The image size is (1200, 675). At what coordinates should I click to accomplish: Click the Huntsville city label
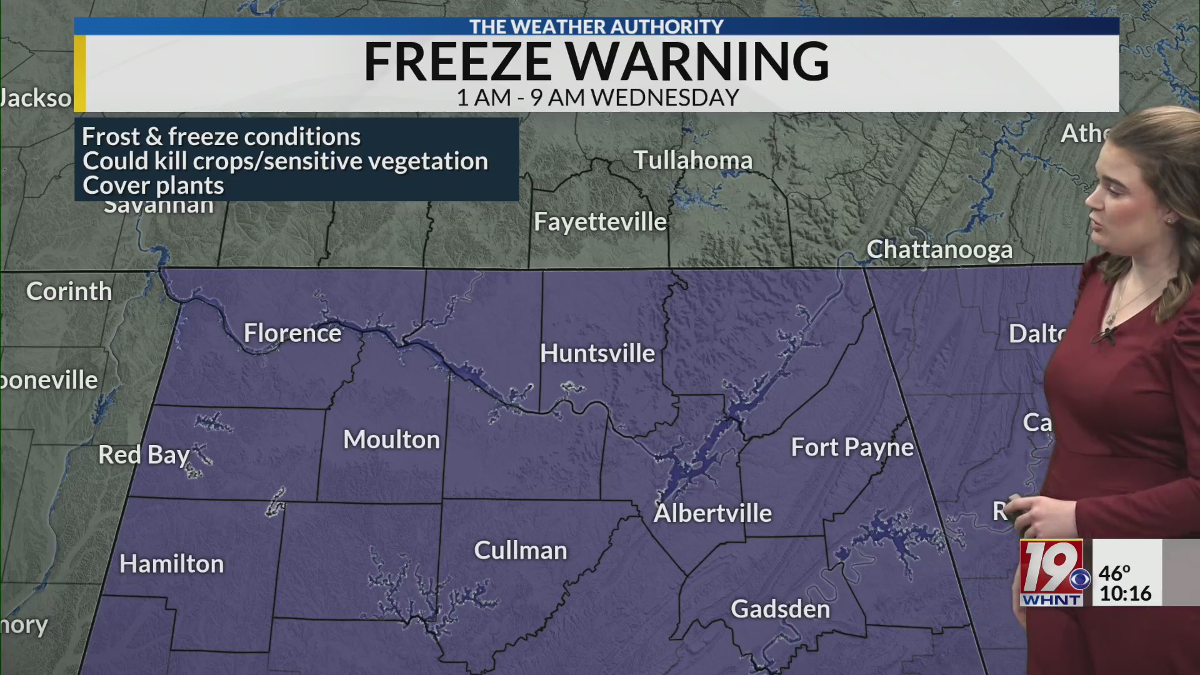point(597,354)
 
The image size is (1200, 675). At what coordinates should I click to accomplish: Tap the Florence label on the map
point(292,333)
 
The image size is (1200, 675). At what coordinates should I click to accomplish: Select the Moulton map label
point(392,440)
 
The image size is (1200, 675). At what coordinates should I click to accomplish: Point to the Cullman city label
point(521,551)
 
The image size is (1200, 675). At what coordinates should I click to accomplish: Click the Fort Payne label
point(852,447)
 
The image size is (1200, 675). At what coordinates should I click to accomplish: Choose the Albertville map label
point(713,513)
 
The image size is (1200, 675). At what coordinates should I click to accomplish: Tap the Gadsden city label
point(781,609)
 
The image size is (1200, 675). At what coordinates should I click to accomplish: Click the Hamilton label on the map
point(172,564)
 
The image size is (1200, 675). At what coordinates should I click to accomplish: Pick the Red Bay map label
point(144,455)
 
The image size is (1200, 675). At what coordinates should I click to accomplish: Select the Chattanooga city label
point(939,250)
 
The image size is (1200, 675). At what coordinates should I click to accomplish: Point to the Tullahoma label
point(693,160)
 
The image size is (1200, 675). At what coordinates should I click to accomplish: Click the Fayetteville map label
point(601,222)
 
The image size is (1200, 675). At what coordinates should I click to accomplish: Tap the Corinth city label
point(69,291)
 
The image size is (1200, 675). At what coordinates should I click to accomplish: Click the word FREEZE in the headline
point(457,61)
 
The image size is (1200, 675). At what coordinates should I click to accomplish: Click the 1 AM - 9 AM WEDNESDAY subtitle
point(598,97)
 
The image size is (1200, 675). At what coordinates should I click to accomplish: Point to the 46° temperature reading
point(1115,572)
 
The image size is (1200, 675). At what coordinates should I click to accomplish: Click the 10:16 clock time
point(1126,593)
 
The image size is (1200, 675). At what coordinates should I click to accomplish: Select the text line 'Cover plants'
point(153,186)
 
